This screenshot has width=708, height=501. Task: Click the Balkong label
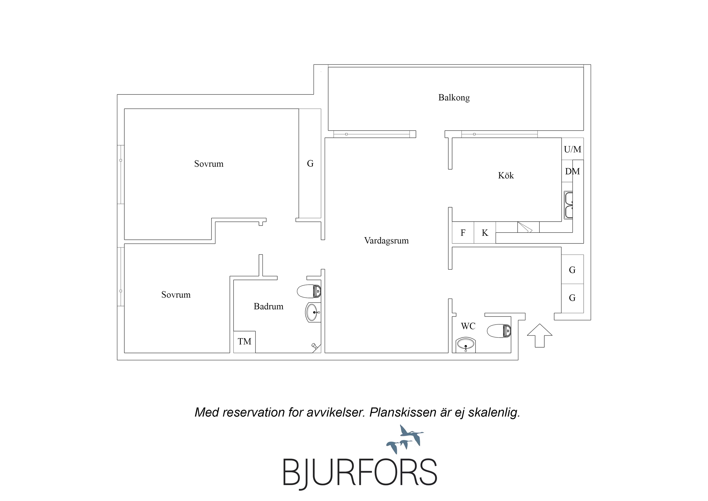coord(454,98)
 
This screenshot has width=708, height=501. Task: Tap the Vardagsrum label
coord(386,240)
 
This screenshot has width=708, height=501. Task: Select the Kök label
coord(506,175)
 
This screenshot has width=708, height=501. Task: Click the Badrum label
coord(268,306)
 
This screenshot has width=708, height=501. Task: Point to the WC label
coord(468,326)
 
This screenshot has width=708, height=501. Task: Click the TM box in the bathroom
coord(244,342)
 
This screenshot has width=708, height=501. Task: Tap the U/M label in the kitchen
coord(572,149)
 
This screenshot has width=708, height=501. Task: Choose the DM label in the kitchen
coord(572,171)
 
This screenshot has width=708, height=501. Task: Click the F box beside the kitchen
coord(463,233)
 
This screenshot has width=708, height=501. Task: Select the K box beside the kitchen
coord(485,233)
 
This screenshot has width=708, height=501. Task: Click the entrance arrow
coord(540,335)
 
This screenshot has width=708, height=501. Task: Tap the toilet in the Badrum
coord(309,291)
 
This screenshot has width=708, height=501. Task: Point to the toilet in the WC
coord(499,331)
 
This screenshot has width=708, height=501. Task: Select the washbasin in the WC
coord(465,344)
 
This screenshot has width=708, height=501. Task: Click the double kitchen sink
coord(568,205)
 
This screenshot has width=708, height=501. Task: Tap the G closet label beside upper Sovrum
coord(310,164)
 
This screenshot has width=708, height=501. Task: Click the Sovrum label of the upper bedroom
coord(209,164)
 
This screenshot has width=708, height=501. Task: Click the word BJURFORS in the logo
coord(360,472)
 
